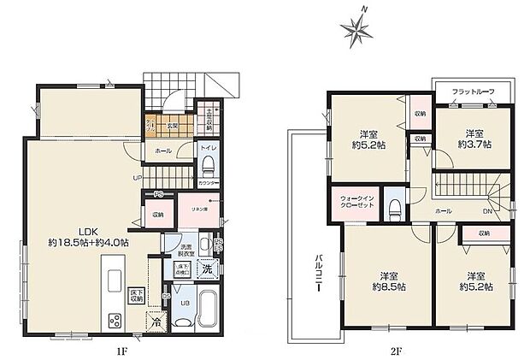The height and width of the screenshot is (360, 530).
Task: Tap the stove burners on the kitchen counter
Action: click(x=115, y=322)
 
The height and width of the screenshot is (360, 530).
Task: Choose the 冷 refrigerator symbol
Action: click(x=155, y=323)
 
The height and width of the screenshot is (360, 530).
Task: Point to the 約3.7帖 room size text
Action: click(x=475, y=145)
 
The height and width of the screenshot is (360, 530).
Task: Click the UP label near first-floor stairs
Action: click(x=136, y=177)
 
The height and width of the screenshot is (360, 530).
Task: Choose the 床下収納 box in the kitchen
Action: click(x=135, y=296)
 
